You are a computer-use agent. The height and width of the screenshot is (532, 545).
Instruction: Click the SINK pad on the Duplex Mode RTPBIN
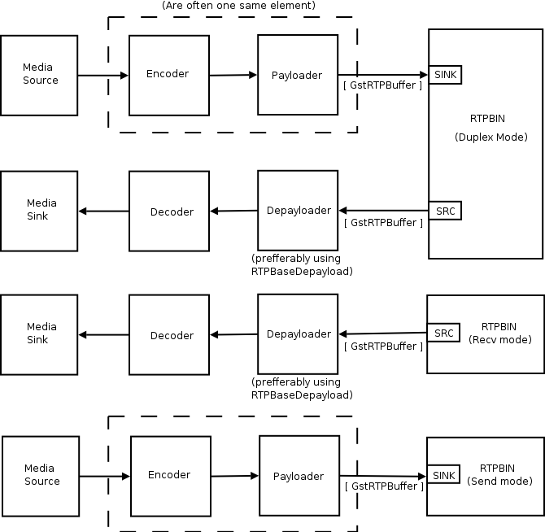(x=445, y=75)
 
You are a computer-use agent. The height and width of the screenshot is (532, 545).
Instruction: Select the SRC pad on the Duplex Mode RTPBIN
(x=445, y=211)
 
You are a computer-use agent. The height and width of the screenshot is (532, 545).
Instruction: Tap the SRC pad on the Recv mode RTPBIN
(x=443, y=334)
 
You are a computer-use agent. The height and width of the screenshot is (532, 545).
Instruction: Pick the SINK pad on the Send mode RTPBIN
(x=443, y=475)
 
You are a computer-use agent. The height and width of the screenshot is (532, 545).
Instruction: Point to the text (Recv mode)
(x=500, y=339)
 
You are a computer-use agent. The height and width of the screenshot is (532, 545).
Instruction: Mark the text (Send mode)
(x=499, y=481)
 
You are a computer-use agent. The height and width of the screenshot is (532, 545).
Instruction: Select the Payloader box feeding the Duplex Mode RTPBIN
(x=297, y=75)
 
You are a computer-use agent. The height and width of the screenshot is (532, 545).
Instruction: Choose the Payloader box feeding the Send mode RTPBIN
(x=299, y=476)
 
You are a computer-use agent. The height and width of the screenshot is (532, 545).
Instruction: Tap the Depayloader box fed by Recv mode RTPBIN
(x=299, y=334)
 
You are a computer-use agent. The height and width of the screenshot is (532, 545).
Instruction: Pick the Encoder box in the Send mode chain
(x=170, y=476)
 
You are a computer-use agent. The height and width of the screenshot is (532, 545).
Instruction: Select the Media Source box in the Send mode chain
(x=41, y=475)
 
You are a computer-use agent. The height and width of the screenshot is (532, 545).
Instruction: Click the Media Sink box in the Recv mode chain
(x=40, y=334)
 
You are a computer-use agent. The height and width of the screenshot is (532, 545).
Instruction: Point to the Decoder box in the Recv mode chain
(x=170, y=335)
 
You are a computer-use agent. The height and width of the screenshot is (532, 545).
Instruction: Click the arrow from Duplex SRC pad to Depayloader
(x=383, y=211)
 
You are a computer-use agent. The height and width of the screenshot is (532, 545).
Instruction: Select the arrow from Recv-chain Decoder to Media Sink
(x=103, y=335)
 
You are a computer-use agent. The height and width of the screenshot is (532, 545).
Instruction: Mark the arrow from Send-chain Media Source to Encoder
(x=105, y=476)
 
